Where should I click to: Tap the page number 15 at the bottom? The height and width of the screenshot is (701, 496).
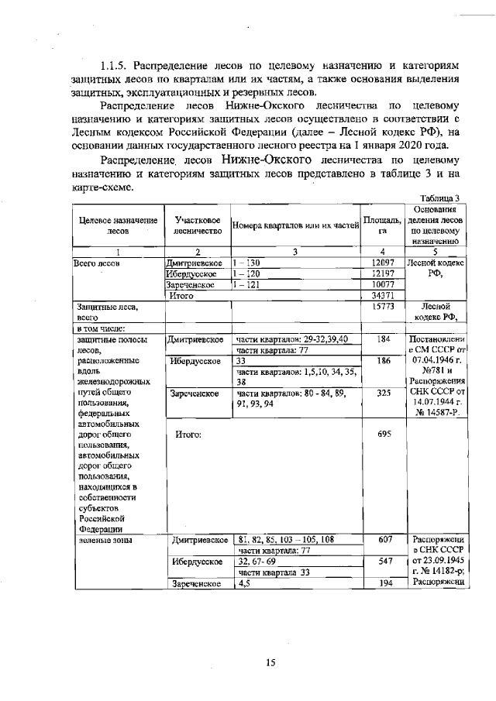pos(270,662)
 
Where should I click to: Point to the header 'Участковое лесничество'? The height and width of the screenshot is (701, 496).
pos(198,225)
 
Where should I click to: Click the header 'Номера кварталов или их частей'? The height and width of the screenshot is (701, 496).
pos(296,225)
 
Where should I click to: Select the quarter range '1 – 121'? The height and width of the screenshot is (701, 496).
pos(247,285)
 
